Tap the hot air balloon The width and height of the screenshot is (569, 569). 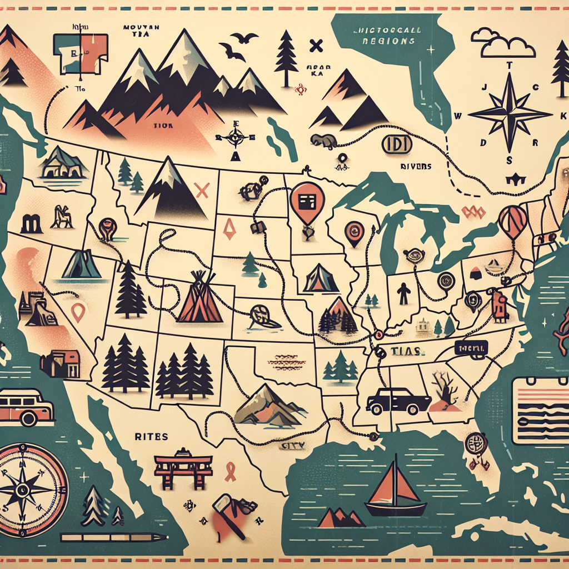[x=512, y=221]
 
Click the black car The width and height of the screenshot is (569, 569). [x=398, y=401]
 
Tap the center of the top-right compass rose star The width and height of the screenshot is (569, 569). [x=510, y=112]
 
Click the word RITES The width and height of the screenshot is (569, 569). [x=151, y=437]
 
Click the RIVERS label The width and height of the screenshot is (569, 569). [x=416, y=166]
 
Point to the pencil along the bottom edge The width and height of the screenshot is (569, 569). [x=114, y=537]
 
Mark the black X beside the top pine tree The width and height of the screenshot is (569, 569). [x=317, y=45]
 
